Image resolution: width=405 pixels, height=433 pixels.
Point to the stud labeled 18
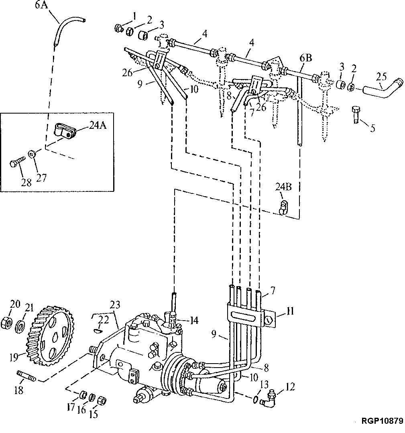point(27,377)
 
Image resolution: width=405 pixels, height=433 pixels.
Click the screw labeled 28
point(16,164)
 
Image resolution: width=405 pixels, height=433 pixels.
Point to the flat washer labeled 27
point(31,153)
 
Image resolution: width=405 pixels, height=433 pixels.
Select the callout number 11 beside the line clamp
point(291,311)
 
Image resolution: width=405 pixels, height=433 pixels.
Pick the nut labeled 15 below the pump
point(102,400)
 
